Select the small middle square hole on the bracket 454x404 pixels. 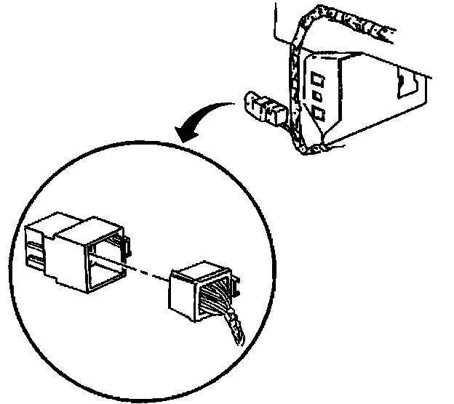317,95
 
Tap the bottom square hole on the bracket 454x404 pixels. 319,113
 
